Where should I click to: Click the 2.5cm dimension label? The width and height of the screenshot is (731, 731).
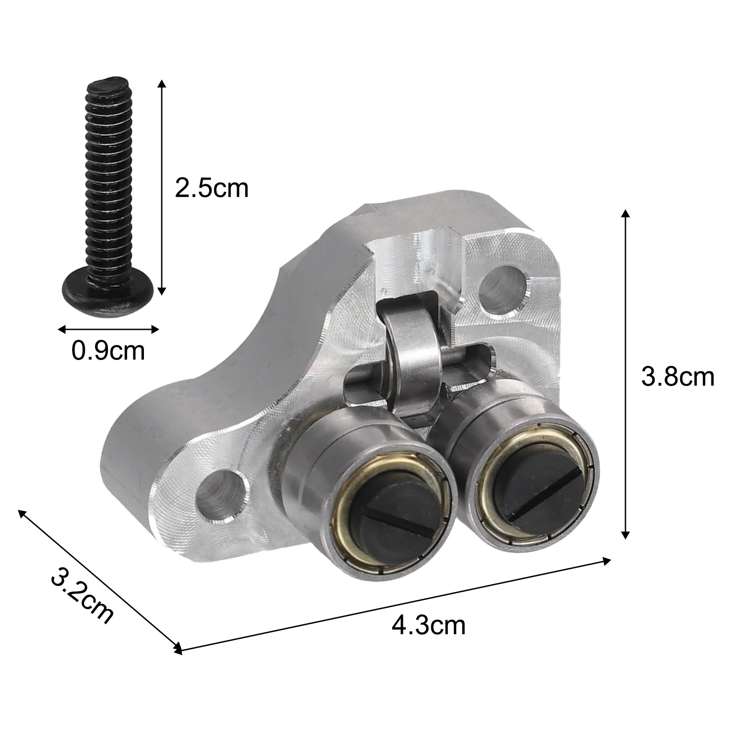(211, 188)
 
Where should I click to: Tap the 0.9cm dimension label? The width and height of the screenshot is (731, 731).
(108, 351)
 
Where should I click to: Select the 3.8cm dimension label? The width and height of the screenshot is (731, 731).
(677, 377)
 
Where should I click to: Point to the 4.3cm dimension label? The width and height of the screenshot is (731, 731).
(429, 625)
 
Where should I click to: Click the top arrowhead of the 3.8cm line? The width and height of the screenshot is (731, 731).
(625, 214)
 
